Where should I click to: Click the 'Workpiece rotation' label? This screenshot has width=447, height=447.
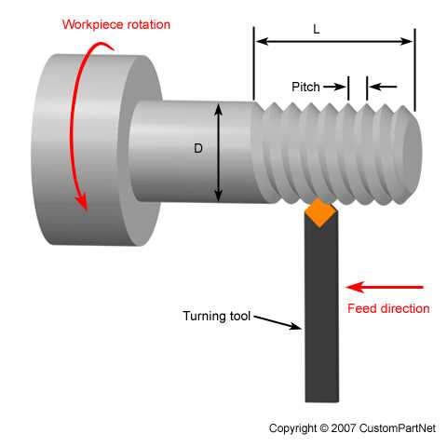pyautogui.click(x=116, y=23)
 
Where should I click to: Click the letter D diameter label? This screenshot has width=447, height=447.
pyautogui.click(x=198, y=148)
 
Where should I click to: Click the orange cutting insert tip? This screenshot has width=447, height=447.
pyautogui.click(x=319, y=212)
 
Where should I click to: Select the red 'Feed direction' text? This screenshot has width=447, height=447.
pyautogui.click(x=388, y=308)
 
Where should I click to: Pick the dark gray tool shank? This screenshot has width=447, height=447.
pyautogui.click(x=319, y=317)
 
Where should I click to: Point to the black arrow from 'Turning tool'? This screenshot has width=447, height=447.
pyautogui.click(x=278, y=321)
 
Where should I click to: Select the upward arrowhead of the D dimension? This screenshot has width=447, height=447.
pyautogui.click(x=220, y=109)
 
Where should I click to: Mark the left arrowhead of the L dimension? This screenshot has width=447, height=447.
pyautogui.click(x=260, y=41)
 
